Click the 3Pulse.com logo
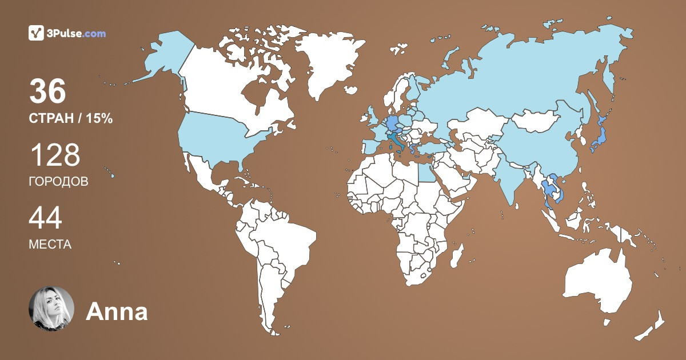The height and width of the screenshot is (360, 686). tap(67, 33)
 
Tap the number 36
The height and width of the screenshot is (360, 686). tap(47, 92)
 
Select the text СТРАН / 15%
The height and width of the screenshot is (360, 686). tap(70, 119)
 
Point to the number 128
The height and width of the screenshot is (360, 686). tap(54, 155)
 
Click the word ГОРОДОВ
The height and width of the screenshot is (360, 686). tap(58, 182)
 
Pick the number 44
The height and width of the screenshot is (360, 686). tap(45, 218)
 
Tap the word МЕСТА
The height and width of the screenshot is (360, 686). tap(50, 245)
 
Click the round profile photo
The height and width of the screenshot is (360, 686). tap(51, 309)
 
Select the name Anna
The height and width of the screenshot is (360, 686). tap(117, 312)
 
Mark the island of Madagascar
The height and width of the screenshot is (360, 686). tap(456, 255)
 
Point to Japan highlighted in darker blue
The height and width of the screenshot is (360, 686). tap(599, 137)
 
